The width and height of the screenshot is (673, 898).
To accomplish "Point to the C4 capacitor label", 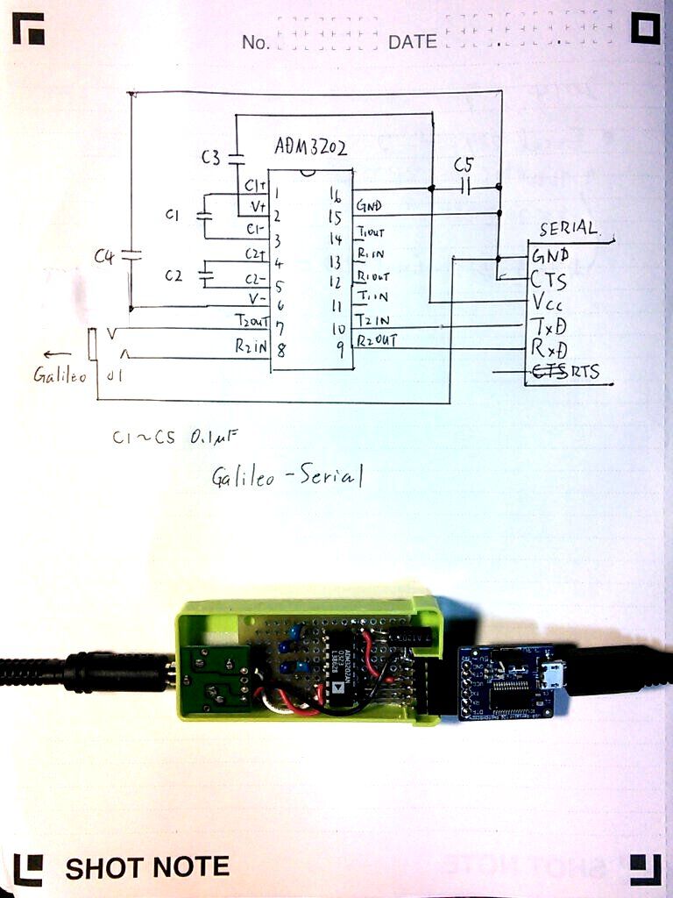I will pyautogui.click(x=105, y=256).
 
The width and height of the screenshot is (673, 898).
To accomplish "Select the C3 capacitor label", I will pyautogui.click(x=211, y=158).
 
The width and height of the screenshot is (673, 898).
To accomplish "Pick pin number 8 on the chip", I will pyautogui.click(x=280, y=350).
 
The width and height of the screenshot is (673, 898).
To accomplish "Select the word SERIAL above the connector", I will pyautogui.click(x=568, y=229).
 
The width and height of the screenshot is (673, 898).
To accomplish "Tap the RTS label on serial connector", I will pyautogui.click(x=585, y=372).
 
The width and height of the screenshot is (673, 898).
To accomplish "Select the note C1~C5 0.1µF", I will pyautogui.click(x=175, y=437).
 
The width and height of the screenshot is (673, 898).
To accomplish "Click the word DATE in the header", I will pyautogui.click(x=413, y=42).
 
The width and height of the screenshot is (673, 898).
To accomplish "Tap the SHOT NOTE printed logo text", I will pyautogui.click(x=147, y=867).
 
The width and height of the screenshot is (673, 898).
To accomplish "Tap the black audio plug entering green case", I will pyautogui.click(x=114, y=670).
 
